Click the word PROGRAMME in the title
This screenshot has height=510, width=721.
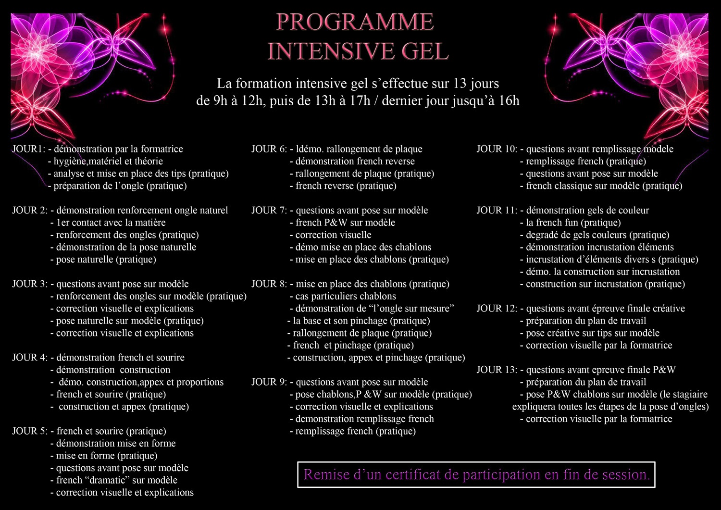pos(355,22)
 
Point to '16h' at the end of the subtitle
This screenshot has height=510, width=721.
pos(509,101)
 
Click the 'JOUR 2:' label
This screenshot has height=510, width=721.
pos(30,211)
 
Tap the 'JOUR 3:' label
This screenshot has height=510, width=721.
pos(30,284)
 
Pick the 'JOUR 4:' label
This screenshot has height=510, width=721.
pos(30,358)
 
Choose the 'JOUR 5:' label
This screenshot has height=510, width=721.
pos(30,431)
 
